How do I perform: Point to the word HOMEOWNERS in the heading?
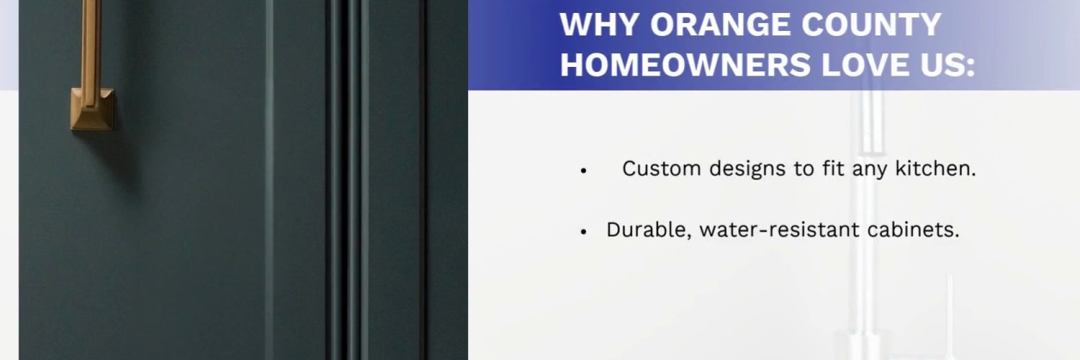pos(685,65)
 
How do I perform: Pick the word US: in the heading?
pos(948,65)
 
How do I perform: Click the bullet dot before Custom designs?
pos(584,171)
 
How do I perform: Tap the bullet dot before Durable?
pos(584,232)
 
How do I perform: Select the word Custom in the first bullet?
pos(662,168)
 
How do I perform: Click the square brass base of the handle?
pos(93,109)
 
